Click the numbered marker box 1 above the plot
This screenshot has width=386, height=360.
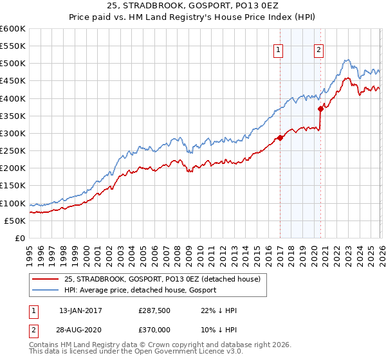279,51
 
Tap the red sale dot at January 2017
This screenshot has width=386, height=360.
280,137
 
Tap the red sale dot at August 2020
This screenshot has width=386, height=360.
321,109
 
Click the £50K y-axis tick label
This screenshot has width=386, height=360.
15,221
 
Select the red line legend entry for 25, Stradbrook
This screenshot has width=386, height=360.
162,279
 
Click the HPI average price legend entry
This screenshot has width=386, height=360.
140,290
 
